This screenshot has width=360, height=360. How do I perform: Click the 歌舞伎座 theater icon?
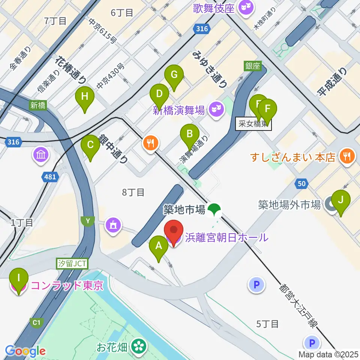click(246, 8)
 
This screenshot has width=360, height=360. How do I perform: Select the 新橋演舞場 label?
click(179, 110)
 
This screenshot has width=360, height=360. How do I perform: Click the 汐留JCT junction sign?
click(72, 264)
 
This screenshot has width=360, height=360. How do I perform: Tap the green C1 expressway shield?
click(36, 322)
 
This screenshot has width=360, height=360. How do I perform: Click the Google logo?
click(25, 351)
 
